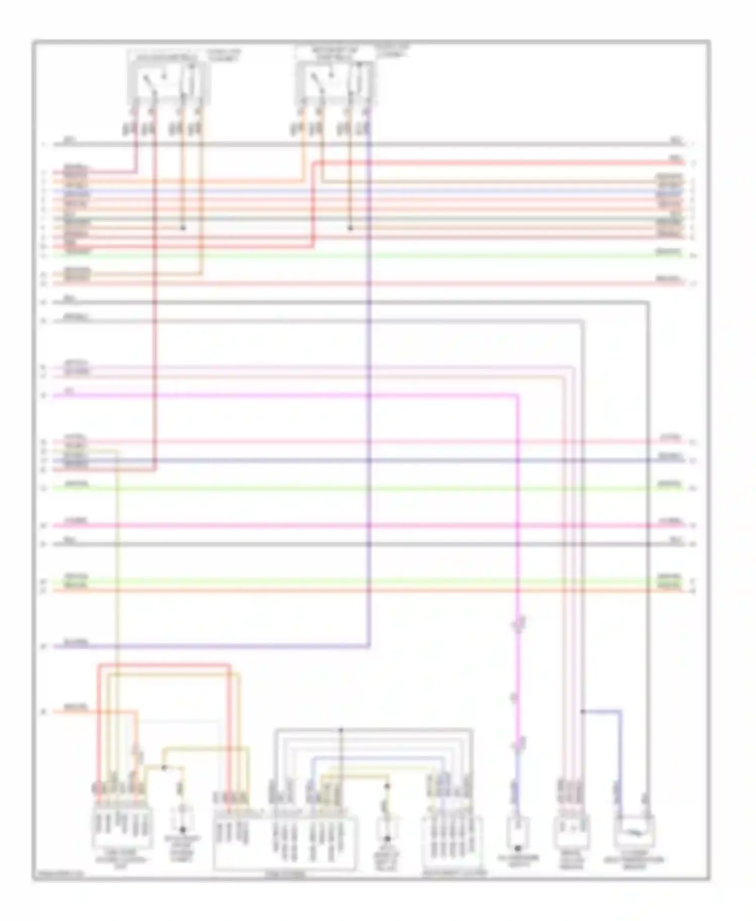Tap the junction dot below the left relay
point(183,228)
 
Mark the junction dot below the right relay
point(350,228)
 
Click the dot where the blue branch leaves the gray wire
point(583,711)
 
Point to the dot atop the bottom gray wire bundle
point(340,730)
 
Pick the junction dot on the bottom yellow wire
point(164,768)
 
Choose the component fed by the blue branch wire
point(634,831)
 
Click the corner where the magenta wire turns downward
point(518,396)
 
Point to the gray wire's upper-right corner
point(648,302)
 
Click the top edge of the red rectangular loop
point(164,665)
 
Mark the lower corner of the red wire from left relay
point(155,470)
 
